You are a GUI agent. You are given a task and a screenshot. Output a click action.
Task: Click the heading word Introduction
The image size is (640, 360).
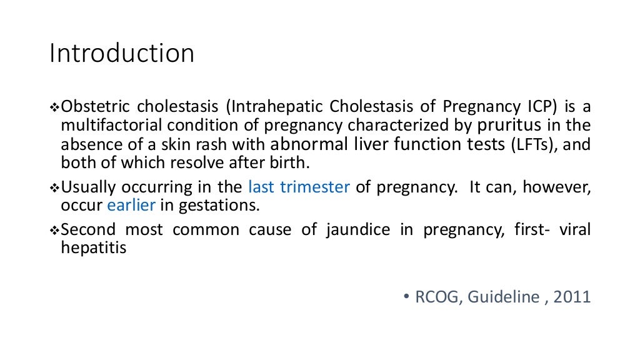122,54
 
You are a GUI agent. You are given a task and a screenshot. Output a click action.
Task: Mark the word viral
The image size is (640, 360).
574,229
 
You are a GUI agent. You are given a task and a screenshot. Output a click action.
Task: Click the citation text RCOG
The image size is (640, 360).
434,297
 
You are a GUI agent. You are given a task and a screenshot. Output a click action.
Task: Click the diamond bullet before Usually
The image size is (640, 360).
53,187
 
